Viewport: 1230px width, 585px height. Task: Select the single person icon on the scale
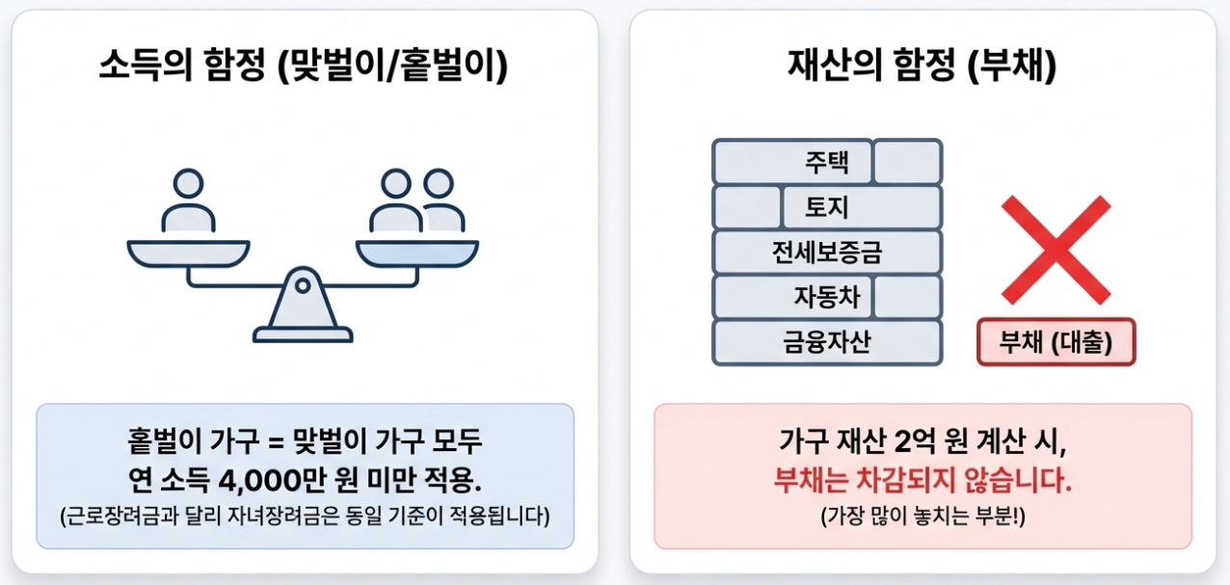click(x=188, y=201)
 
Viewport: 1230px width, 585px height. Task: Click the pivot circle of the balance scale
click(x=303, y=285)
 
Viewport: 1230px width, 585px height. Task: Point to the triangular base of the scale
click(x=303, y=313)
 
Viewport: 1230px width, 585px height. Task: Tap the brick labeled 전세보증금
click(x=827, y=253)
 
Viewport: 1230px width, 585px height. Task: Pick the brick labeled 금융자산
click(x=827, y=342)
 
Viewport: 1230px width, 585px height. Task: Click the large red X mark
click(x=1056, y=250)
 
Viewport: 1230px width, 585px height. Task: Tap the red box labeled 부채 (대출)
click(x=1056, y=343)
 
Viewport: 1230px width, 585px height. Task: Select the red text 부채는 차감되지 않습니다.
click(x=922, y=480)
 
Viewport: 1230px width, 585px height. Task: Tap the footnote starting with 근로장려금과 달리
click(x=305, y=515)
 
